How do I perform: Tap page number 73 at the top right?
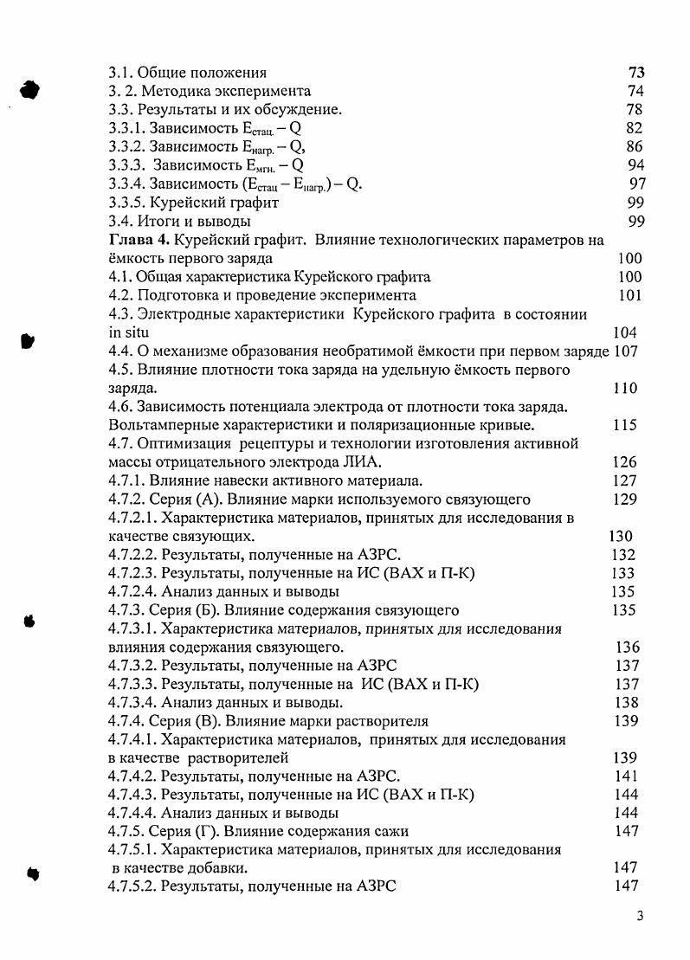point(635,73)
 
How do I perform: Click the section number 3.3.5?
point(126,203)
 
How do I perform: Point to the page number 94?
point(635,165)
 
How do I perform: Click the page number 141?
point(624,776)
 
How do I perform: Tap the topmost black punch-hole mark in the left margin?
point(31,89)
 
